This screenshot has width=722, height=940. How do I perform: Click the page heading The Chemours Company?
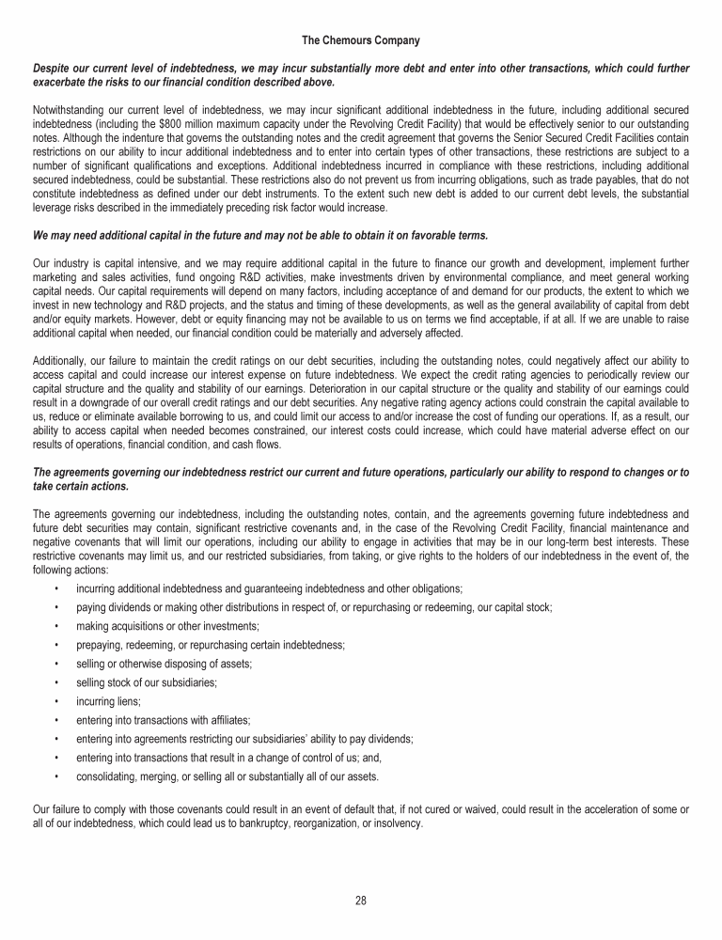(361, 40)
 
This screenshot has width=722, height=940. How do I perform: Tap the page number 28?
(361, 901)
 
